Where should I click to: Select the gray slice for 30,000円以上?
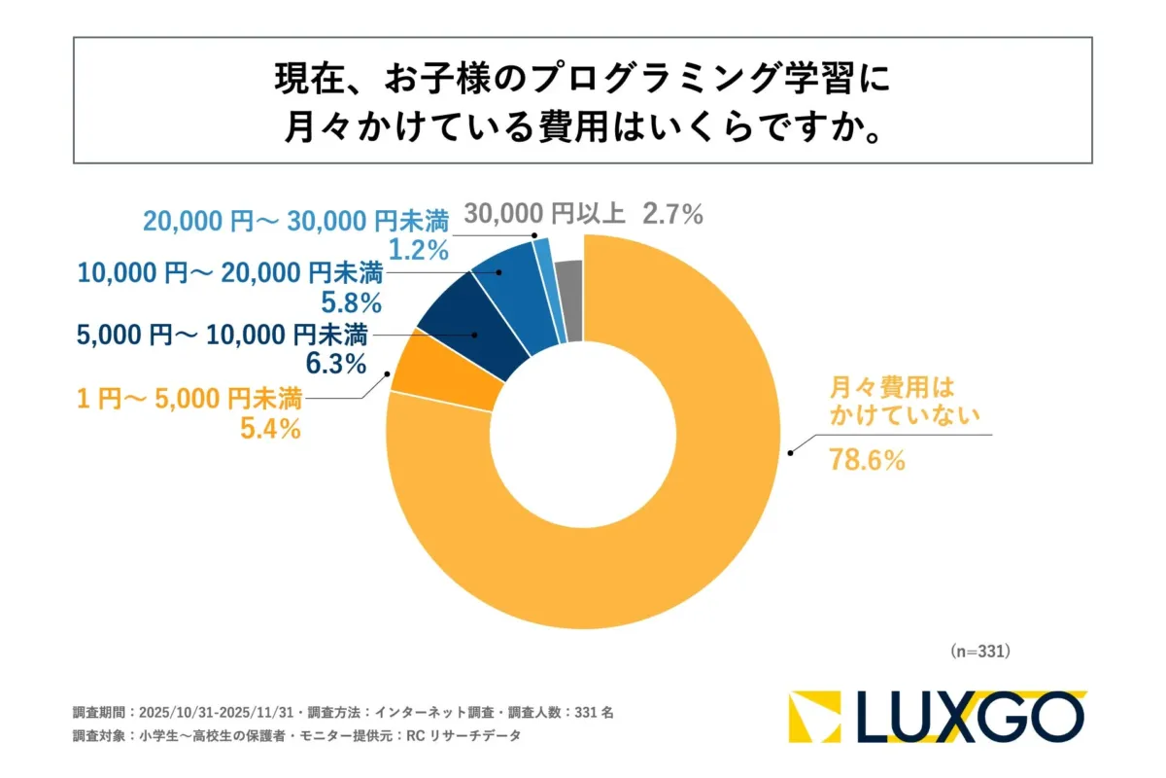point(570,300)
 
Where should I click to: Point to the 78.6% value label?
point(867,461)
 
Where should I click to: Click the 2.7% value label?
point(671,214)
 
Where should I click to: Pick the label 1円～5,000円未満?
point(189,397)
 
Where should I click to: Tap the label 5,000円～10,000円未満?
point(223,336)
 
